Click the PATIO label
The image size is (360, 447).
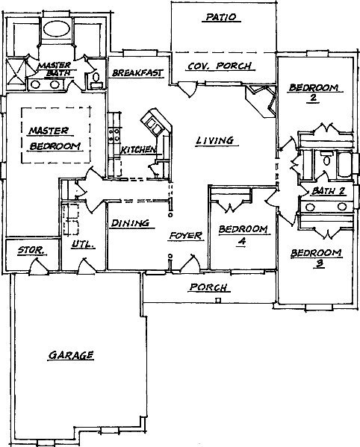(221, 17)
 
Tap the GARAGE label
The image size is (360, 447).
(71, 355)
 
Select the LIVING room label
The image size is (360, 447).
(215, 140)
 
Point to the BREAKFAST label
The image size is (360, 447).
(137, 72)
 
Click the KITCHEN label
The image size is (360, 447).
(139, 149)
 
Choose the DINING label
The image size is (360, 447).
(130, 223)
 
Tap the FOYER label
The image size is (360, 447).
(186, 236)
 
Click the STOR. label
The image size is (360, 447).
(31, 251)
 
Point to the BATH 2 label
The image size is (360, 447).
(328, 191)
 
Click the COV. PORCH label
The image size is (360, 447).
(220, 66)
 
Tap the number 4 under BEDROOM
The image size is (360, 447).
(242, 241)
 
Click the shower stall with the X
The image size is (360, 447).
(16, 72)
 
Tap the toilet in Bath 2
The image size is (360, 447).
(326, 159)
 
